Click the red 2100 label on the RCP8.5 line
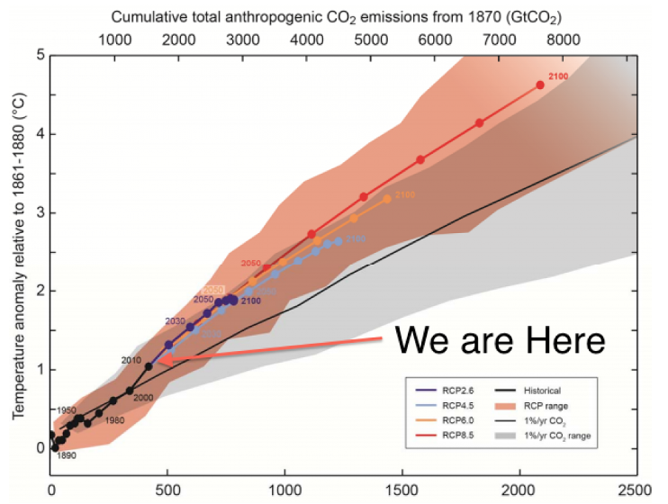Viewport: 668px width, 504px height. tap(558, 77)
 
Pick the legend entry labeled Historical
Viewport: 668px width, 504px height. tap(541, 391)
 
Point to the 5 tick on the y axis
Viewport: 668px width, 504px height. tap(40, 55)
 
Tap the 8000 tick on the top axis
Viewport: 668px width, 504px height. tap(564, 40)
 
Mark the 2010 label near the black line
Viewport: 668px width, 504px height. tap(131, 360)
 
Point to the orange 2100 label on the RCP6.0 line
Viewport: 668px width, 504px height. tap(405, 194)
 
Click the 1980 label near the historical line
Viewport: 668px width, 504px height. tap(114, 420)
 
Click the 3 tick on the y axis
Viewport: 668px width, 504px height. tap(40, 212)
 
